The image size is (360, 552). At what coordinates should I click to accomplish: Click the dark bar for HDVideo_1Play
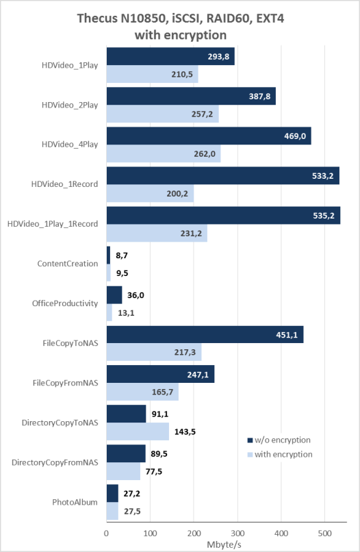coord(170,56)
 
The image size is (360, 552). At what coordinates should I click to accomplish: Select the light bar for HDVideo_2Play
coord(163,114)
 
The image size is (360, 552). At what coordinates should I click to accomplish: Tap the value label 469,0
coord(295,136)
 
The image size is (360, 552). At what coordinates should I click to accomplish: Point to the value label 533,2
coord(322,176)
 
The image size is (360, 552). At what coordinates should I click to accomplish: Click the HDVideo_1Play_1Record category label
coord(53,224)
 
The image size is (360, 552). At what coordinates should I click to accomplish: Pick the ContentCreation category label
coord(68,264)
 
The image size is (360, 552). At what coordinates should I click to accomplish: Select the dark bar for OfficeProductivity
coord(114,295)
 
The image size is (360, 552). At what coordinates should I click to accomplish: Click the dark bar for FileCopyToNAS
coord(205,334)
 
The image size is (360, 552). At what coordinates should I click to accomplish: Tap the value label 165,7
coord(163,392)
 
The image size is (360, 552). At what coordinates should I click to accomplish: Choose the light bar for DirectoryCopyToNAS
coord(138,431)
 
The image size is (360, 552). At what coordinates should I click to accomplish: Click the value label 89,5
coord(159,454)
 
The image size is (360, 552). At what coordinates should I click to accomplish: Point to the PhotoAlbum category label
coord(75,502)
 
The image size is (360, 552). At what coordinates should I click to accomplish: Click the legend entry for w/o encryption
coord(279,440)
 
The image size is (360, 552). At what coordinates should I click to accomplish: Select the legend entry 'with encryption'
coord(280,455)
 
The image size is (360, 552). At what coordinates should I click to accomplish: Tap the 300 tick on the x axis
coord(237,534)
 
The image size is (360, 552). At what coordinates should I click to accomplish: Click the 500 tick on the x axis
coord(325,534)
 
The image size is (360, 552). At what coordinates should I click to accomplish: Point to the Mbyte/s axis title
coord(224,544)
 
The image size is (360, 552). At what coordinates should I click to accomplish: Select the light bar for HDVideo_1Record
coord(151,193)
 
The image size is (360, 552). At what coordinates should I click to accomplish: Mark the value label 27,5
coord(132,511)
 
